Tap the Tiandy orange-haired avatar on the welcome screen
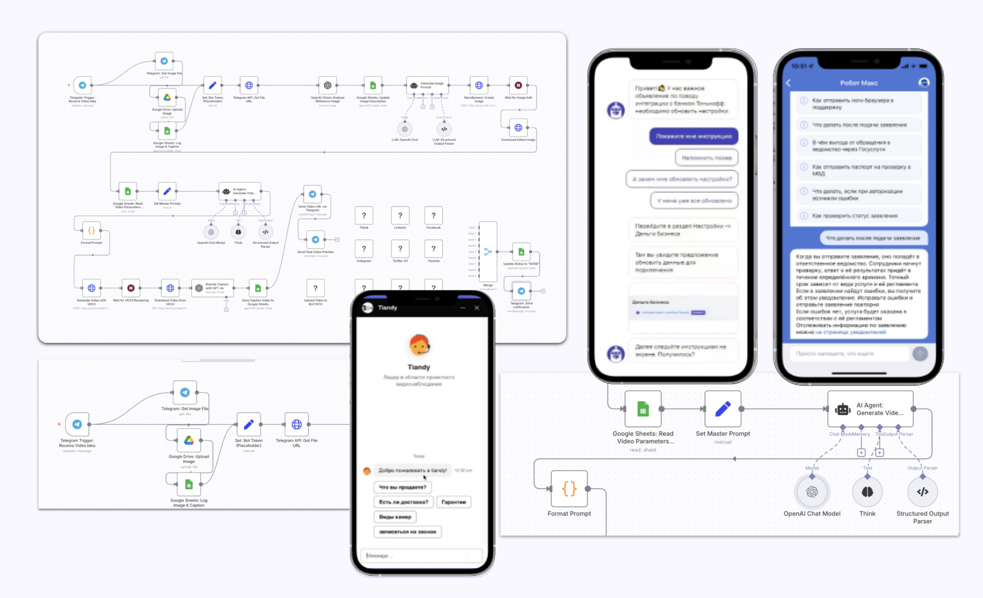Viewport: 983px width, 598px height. tap(419, 345)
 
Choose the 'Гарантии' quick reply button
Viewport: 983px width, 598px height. tap(453, 502)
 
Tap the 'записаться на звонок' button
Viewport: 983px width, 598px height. tap(407, 532)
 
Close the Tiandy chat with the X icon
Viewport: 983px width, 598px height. tap(477, 308)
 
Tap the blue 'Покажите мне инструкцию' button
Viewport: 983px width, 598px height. tap(693, 136)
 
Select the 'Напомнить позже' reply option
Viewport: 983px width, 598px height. tap(706, 158)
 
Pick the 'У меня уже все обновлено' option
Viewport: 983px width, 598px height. tap(694, 201)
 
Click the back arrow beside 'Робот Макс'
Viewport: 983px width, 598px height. tap(789, 83)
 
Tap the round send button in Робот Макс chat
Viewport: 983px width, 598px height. tap(920, 353)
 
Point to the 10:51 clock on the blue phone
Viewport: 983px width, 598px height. tap(799, 66)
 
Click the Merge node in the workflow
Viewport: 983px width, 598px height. tap(488, 252)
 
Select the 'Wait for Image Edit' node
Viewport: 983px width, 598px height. tap(518, 85)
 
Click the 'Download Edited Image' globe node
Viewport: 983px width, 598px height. tap(518, 128)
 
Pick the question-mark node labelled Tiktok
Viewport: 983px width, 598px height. tap(364, 216)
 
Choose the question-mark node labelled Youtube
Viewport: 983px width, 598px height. tap(433, 249)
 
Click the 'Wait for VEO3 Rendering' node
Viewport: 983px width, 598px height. tap(130, 288)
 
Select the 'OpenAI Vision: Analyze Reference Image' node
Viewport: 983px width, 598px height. tap(328, 85)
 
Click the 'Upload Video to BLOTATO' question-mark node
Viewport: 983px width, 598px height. tap(315, 288)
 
